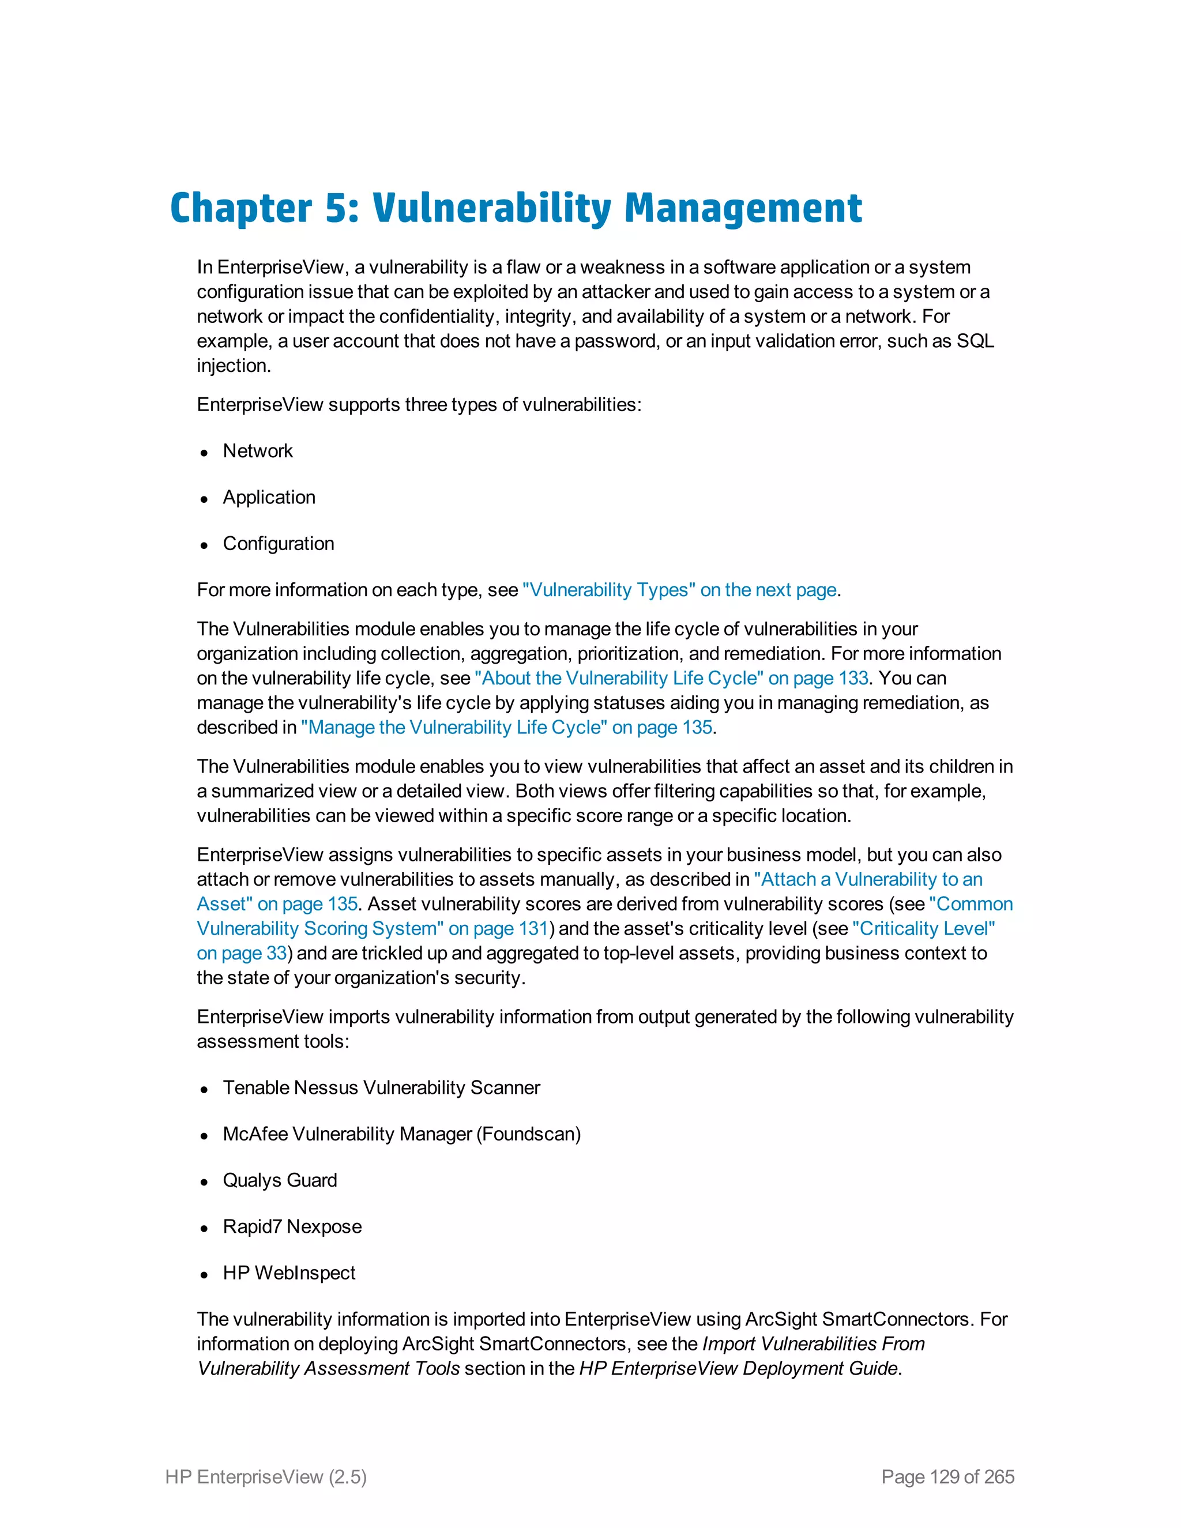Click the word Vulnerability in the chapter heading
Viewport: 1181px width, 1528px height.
(491, 209)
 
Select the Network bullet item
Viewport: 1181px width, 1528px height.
(257, 451)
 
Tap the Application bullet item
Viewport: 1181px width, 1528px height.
(269, 498)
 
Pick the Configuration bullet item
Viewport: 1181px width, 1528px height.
(279, 544)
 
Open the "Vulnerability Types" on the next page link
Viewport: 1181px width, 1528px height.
(679, 590)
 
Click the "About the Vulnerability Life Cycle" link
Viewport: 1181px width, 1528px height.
(670, 678)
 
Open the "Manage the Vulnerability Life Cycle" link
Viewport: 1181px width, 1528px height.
(506, 727)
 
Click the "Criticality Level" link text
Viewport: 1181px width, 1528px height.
(924, 928)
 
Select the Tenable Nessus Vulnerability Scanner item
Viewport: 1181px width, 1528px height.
(381, 1087)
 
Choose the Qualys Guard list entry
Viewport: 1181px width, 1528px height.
(280, 1180)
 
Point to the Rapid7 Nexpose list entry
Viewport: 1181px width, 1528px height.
(292, 1226)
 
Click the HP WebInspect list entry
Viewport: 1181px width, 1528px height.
(289, 1273)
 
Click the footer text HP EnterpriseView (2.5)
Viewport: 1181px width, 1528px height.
(266, 1477)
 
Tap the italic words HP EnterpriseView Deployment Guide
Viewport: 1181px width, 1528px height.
(738, 1368)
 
